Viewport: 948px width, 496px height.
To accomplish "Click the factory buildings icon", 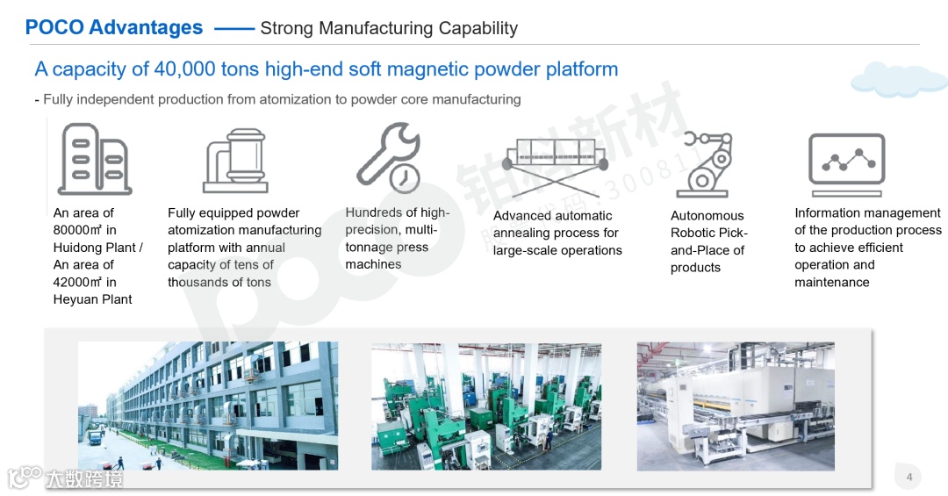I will [x=94, y=159].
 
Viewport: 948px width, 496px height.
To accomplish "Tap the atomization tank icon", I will [x=235, y=161].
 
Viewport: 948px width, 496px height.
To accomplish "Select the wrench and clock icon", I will [x=389, y=157].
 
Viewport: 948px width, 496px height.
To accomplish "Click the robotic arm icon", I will [x=703, y=164].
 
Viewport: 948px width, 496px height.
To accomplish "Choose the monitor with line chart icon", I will [x=846, y=164].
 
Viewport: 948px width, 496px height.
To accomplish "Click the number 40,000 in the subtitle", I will [x=183, y=69].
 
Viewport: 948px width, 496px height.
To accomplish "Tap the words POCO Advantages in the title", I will [x=114, y=28].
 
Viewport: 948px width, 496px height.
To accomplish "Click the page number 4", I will [x=909, y=478].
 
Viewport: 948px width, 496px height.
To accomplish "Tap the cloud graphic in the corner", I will [x=898, y=79].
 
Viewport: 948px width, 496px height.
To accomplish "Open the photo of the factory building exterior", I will [x=207, y=405].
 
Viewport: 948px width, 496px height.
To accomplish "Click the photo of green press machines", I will [x=485, y=405].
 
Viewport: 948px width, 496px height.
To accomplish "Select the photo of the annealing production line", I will [x=736, y=405].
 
